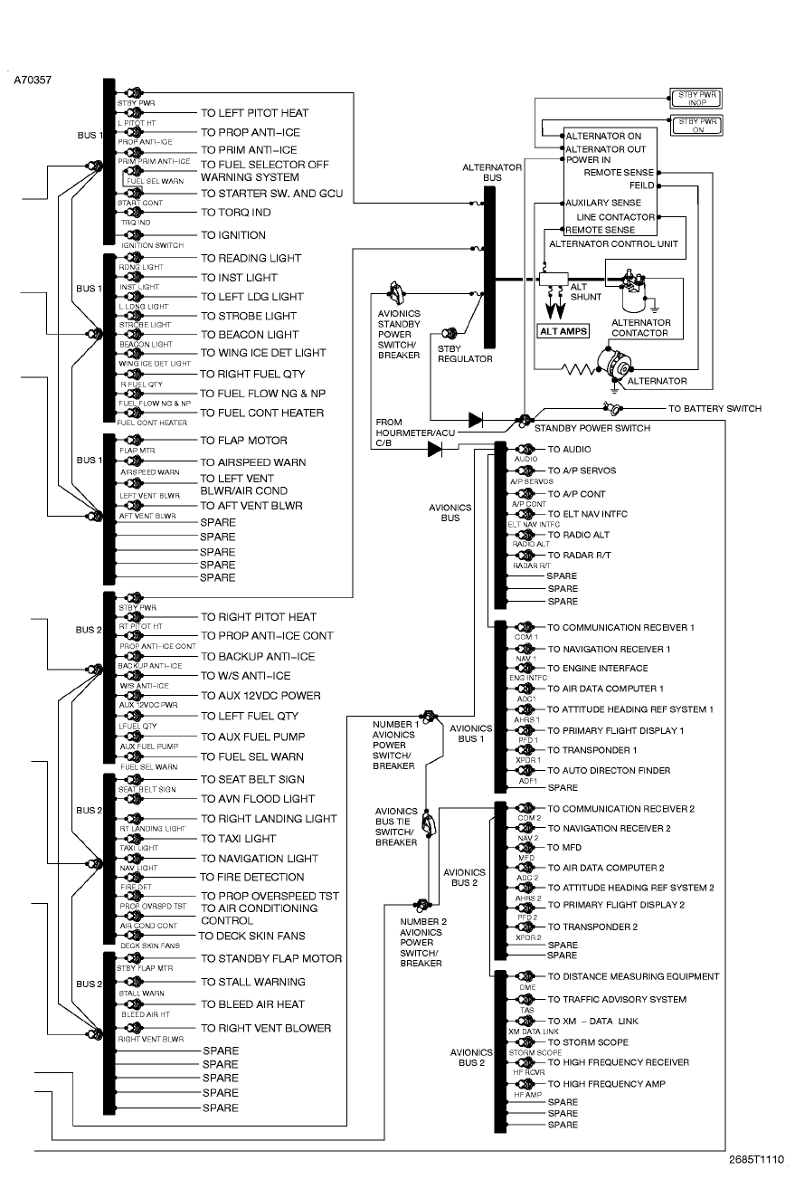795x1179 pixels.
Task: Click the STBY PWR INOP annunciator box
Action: [x=698, y=98]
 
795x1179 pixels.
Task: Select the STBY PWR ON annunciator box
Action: [x=698, y=125]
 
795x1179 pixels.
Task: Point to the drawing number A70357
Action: [x=33, y=81]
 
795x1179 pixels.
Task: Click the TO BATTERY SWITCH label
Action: [x=715, y=409]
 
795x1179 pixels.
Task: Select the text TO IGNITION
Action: [x=233, y=235]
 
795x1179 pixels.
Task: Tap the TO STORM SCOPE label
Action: [x=588, y=1042]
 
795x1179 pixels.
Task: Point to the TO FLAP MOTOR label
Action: [x=244, y=441]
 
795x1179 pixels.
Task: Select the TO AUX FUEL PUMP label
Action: [x=253, y=737]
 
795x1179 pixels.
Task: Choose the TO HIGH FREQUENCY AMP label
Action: [x=607, y=1084]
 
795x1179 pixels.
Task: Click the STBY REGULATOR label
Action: [x=465, y=353]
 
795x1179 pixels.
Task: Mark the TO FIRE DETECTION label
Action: [x=252, y=877]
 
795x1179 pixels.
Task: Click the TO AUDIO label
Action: [x=570, y=449]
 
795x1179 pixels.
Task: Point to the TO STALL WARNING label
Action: [x=253, y=982]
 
